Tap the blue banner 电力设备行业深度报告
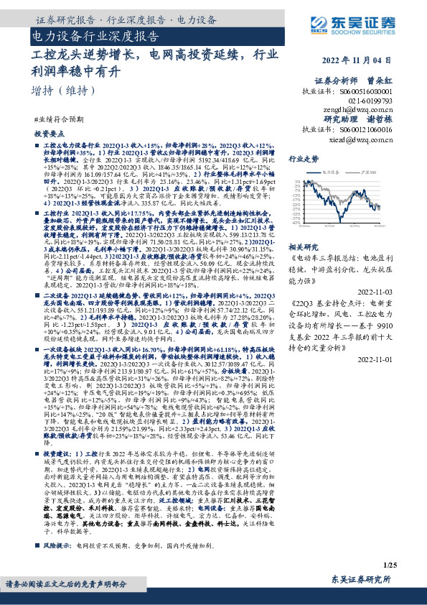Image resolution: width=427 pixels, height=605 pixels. tap(96, 35)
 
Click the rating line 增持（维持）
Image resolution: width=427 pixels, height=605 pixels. tap(64, 91)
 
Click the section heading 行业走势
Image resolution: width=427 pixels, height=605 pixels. tap(304, 159)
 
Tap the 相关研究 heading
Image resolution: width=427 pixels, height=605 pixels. tap(304, 246)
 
